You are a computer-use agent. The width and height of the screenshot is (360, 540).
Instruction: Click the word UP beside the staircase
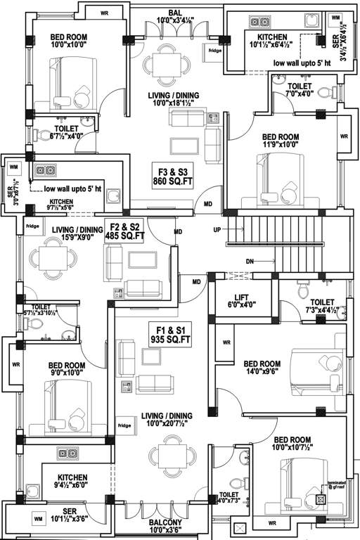(x=218, y=230)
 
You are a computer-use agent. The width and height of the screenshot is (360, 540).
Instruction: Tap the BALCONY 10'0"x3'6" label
(x=166, y=526)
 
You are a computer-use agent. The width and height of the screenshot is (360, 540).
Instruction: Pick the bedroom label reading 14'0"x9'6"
(x=261, y=368)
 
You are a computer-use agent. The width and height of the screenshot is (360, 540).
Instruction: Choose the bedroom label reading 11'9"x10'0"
(x=280, y=143)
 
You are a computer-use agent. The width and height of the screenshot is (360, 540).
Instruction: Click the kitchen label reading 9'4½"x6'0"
(x=73, y=481)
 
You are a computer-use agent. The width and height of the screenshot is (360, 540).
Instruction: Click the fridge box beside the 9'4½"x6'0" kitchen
(x=124, y=425)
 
